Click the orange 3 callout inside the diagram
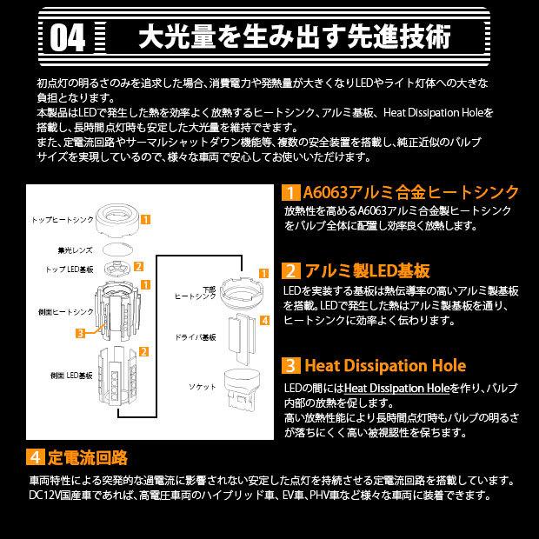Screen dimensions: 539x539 point(80,332)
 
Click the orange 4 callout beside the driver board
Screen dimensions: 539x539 point(264,321)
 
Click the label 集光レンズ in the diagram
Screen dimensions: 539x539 point(70,249)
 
